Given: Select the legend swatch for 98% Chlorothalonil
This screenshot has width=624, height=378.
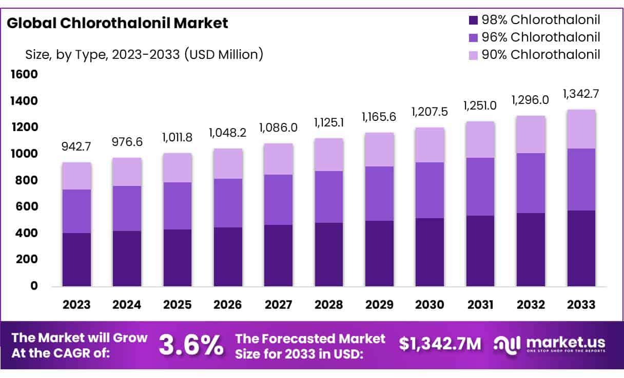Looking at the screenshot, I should (473, 20).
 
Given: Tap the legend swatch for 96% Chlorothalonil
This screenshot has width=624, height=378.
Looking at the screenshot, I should (473, 37).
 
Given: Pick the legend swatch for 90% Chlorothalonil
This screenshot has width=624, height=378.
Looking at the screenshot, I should (473, 55).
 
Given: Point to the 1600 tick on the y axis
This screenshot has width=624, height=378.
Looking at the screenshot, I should (24, 75).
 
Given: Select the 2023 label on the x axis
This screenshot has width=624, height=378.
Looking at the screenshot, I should (76, 305).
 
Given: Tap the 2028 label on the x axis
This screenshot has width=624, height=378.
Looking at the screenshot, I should (329, 305).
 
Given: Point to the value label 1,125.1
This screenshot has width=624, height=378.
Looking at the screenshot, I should (329, 124).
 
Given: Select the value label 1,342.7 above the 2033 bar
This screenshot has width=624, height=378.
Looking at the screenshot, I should (581, 94).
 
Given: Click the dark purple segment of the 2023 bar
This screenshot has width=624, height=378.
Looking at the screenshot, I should (76, 259).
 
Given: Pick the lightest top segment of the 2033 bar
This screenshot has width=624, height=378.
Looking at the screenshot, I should (581, 129).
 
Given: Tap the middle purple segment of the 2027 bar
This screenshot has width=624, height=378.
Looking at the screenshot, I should (279, 200).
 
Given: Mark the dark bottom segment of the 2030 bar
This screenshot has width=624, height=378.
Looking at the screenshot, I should (430, 252).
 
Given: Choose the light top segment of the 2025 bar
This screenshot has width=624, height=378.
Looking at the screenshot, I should (178, 167).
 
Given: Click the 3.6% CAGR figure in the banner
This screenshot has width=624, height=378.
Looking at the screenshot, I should (191, 345).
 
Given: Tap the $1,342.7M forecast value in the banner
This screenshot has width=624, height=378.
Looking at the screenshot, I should (440, 345).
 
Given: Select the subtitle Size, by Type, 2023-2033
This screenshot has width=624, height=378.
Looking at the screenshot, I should (144, 54).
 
